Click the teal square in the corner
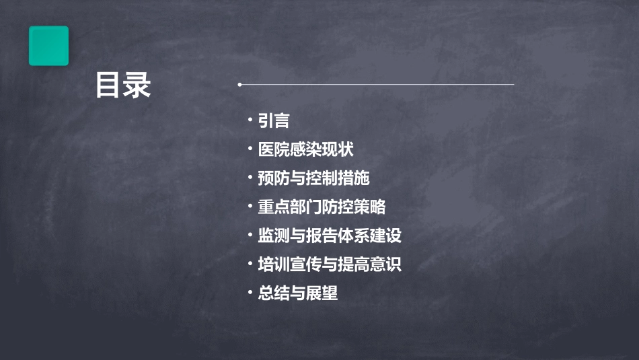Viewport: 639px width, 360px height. [x=48, y=46]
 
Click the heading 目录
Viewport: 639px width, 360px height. [x=123, y=85]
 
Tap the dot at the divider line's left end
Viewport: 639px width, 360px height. [x=239, y=85]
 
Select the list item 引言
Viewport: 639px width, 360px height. [x=274, y=121]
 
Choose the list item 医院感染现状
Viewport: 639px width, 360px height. [x=306, y=149]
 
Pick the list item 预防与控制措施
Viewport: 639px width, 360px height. [x=314, y=178]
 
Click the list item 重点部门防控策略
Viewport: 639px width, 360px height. [x=322, y=207]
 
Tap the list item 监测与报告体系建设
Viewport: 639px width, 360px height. [x=330, y=236]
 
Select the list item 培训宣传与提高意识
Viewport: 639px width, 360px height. [x=330, y=264]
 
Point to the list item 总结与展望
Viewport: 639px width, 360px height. [x=298, y=293]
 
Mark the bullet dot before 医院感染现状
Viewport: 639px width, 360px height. [x=250, y=149]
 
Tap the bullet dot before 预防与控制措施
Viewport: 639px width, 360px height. [x=250, y=178]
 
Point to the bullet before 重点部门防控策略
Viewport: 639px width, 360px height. [x=250, y=206]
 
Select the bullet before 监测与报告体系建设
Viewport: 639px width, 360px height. [x=250, y=235]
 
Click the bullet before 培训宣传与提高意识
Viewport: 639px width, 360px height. [x=250, y=264]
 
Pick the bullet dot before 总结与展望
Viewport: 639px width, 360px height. [x=250, y=293]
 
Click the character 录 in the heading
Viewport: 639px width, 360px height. [x=137, y=85]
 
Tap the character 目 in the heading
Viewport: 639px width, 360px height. [x=108, y=85]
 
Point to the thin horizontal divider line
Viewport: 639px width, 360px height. [x=377, y=85]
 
